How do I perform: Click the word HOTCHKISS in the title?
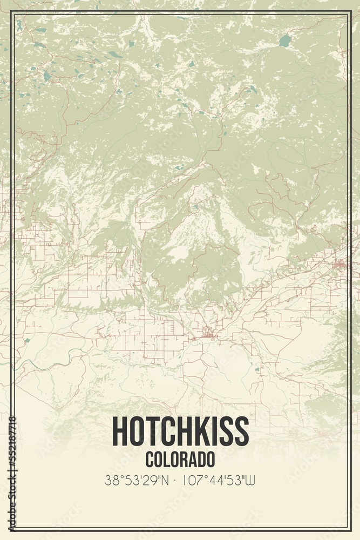click(x=180, y=431)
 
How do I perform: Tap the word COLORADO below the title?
click(x=180, y=459)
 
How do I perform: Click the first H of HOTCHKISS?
click(x=119, y=431)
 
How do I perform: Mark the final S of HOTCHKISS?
click(x=241, y=431)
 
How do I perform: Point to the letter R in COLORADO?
click(x=187, y=459)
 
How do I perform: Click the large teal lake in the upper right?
click(x=284, y=40)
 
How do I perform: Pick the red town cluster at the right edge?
click(x=340, y=264)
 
